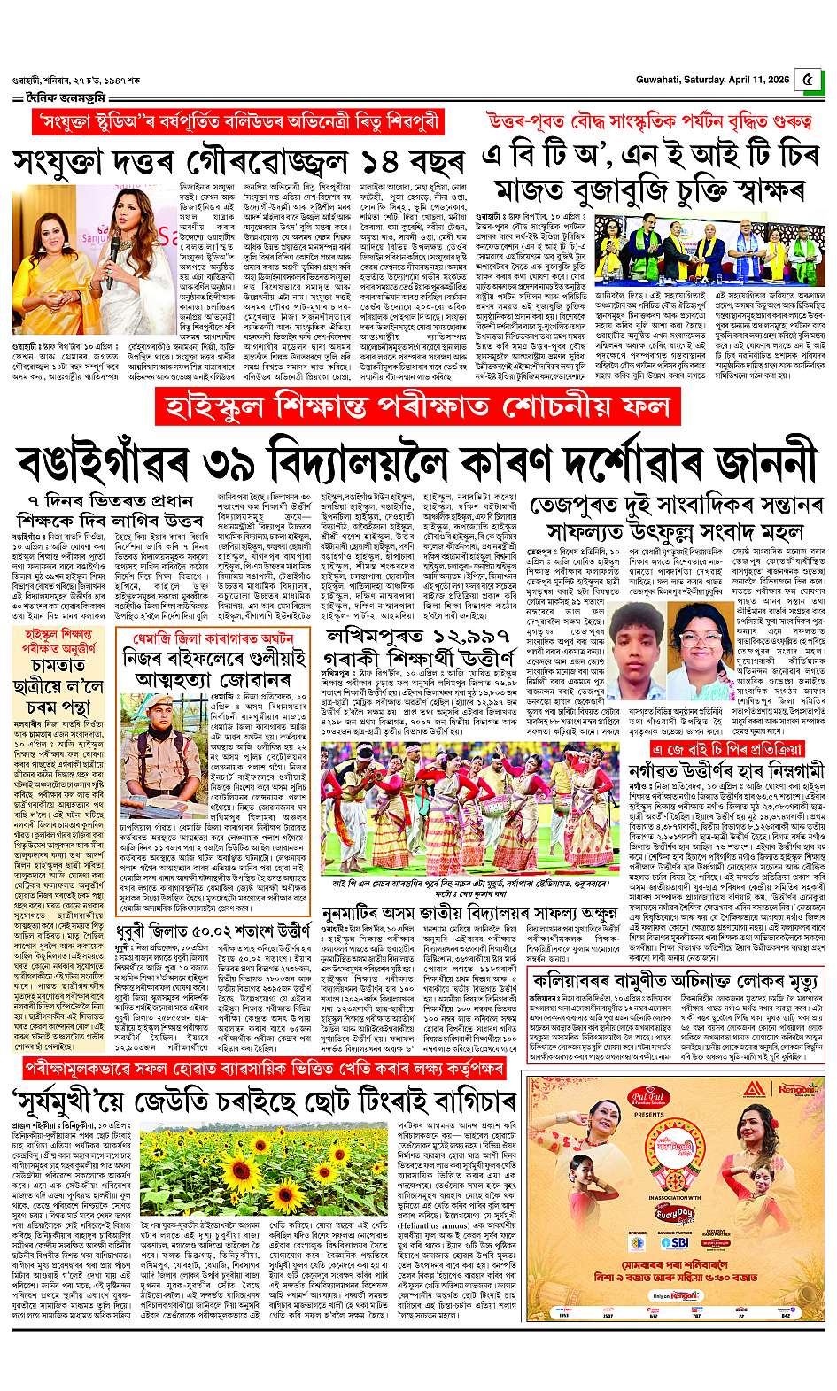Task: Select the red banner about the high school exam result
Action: click(x=418, y=409)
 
